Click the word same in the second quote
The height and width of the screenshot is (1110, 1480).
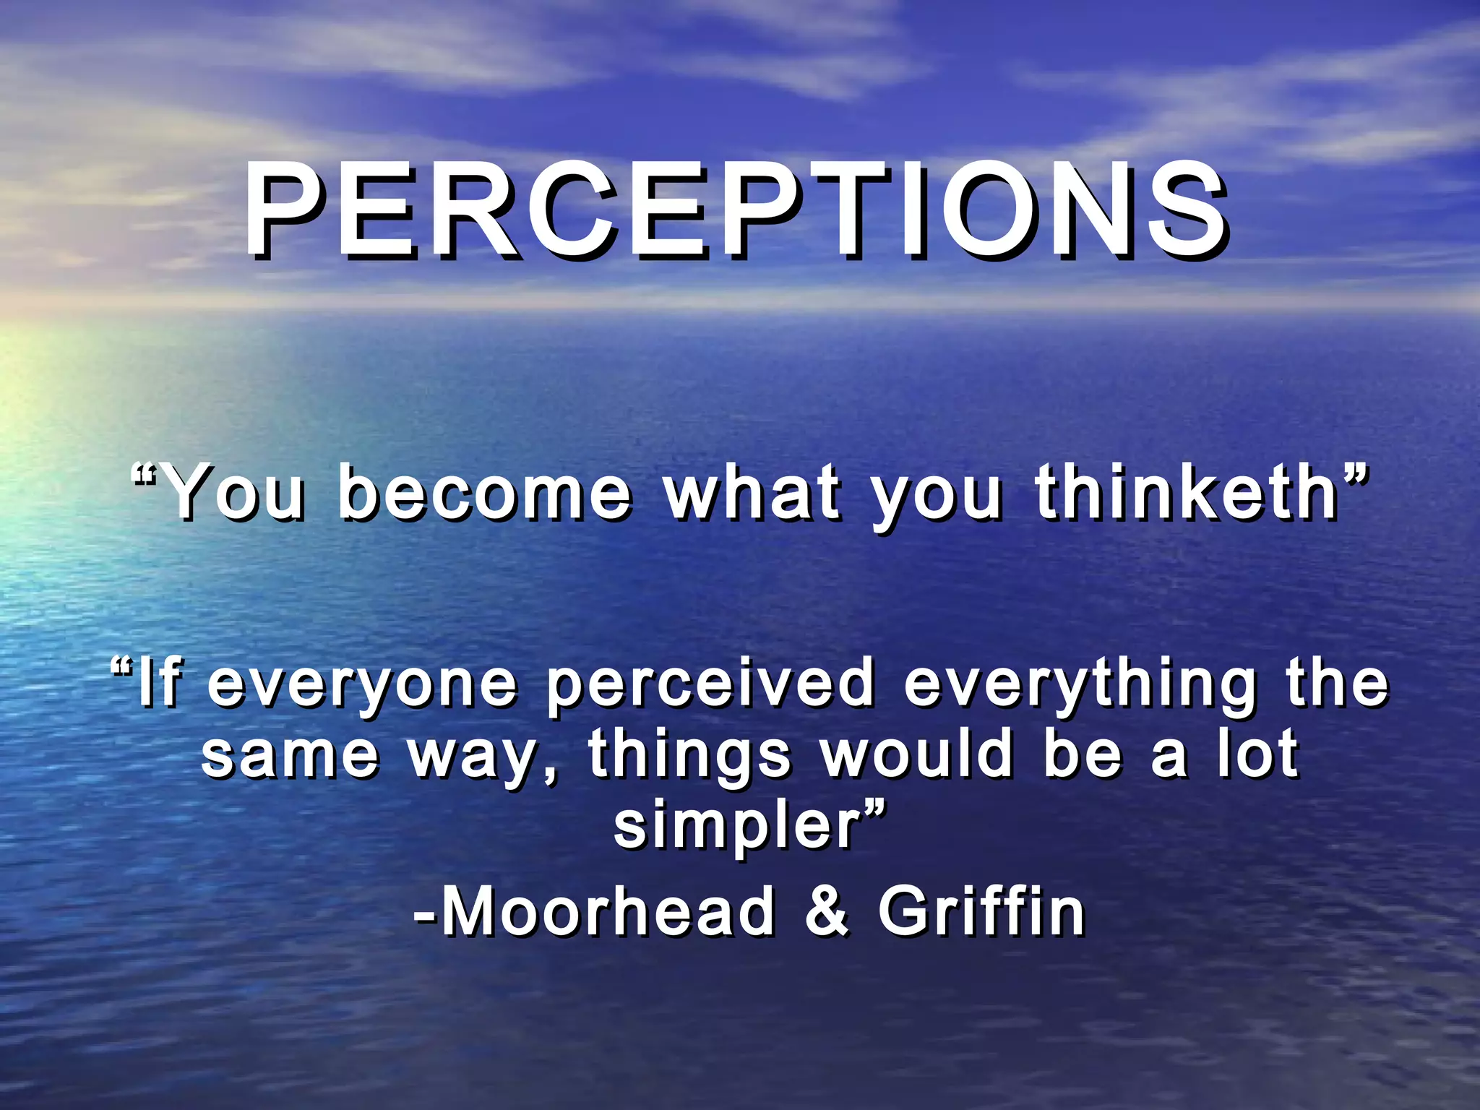tap(290, 755)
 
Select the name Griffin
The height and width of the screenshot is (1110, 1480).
tap(981, 911)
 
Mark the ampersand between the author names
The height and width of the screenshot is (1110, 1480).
tap(827, 911)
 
